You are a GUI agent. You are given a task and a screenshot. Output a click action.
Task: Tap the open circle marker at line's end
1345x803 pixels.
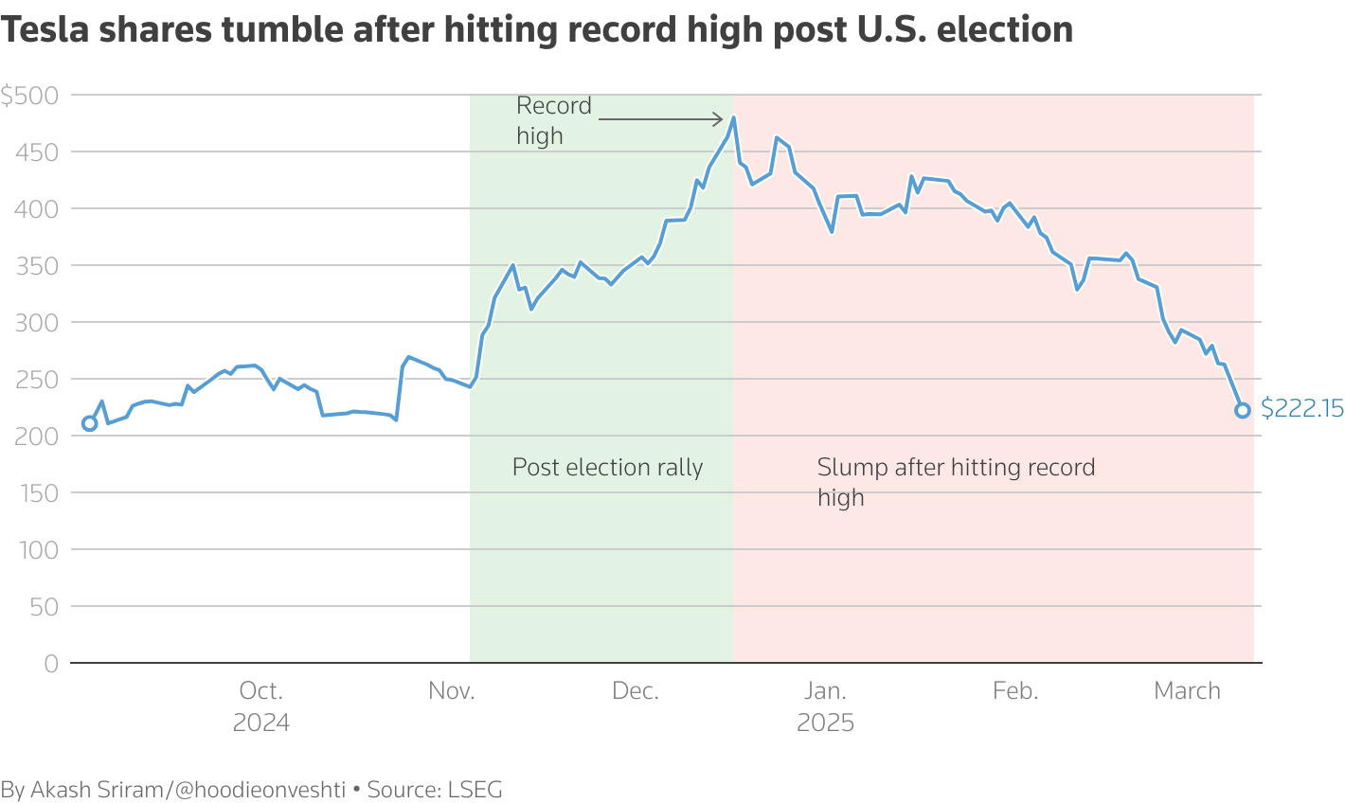1243,410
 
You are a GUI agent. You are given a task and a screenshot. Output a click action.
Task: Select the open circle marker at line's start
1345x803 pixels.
90,423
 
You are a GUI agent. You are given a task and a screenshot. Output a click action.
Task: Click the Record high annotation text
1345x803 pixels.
553,120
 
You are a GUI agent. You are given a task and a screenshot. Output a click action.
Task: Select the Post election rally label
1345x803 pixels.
607,467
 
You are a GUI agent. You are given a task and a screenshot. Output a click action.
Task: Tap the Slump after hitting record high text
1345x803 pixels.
955,481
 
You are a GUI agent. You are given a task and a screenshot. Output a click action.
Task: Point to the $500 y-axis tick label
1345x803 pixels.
30,96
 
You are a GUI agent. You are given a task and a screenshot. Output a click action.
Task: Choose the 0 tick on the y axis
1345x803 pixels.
50,664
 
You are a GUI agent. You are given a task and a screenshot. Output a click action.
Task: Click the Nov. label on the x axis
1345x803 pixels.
452,691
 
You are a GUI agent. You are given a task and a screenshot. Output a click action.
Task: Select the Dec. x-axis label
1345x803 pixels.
636,691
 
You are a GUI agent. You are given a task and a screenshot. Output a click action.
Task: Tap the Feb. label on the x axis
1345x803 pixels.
1015,691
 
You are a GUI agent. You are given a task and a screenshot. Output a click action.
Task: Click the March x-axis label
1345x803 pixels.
1187,691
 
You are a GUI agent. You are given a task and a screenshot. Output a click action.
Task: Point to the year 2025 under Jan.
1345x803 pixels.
825,723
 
